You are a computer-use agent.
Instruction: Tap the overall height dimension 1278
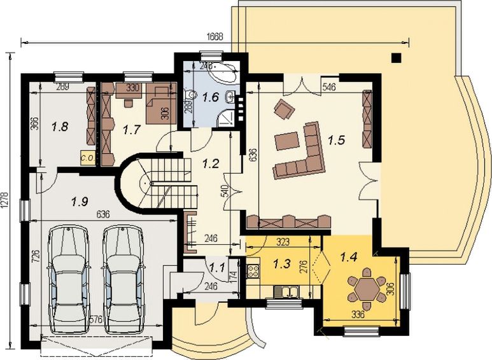tap(6, 202)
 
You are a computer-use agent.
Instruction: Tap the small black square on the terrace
tap(397, 58)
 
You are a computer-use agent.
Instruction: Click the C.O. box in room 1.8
tap(86, 155)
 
